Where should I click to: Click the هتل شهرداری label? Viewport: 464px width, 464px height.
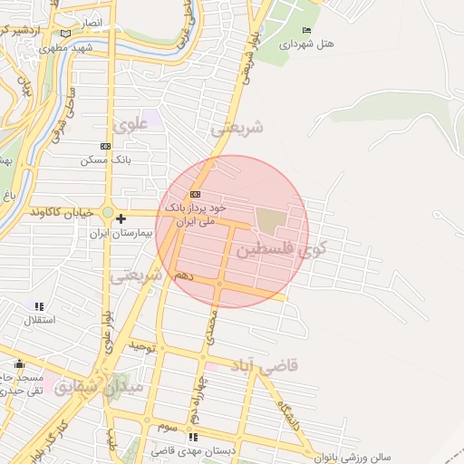[x=307, y=43]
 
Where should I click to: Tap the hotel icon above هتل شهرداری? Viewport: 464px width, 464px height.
[x=306, y=31]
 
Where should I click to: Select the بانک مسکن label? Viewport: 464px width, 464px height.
[x=106, y=159]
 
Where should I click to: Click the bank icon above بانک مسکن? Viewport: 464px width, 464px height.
[x=105, y=146]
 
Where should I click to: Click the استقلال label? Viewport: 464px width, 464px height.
[x=39, y=320]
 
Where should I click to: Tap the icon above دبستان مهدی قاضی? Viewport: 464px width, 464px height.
[x=192, y=437]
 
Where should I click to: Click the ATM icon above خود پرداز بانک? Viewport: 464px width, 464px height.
[x=194, y=195]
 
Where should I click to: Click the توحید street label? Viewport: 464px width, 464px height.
[x=144, y=346]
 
